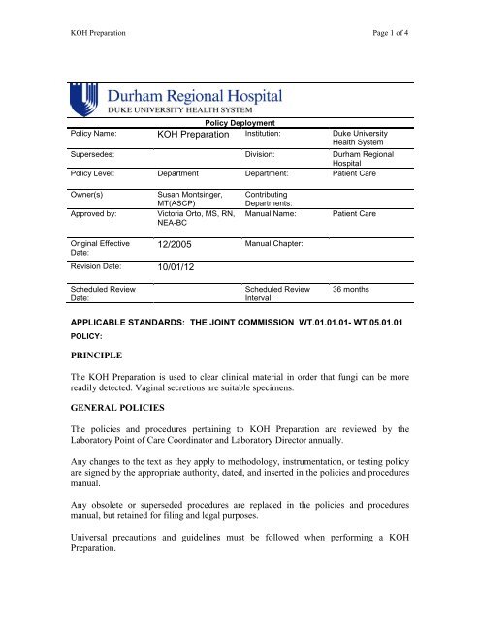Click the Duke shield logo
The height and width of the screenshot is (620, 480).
pyautogui.click(x=85, y=100)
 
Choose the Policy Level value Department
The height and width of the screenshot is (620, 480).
pyautogui.click(x=177, y=175)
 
